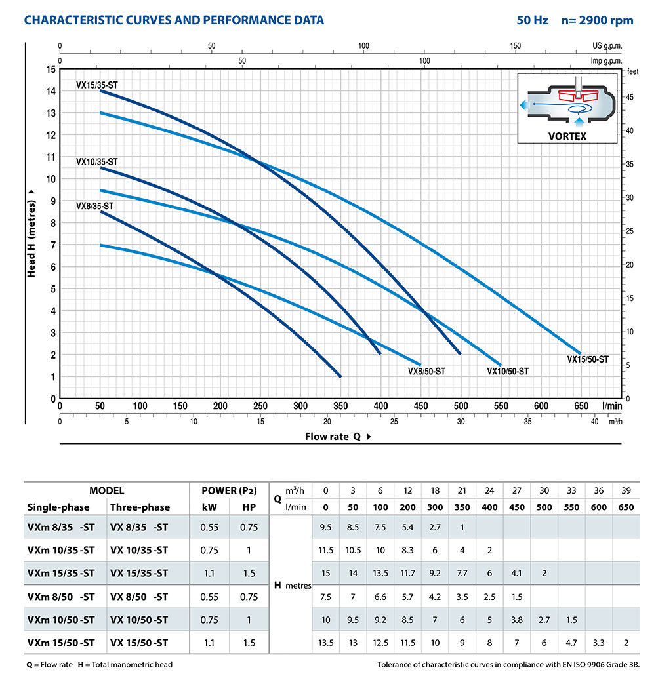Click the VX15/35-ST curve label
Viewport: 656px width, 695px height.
(97, 85)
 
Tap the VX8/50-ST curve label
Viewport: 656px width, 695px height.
(426, 371)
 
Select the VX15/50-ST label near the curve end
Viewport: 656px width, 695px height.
(587, 359)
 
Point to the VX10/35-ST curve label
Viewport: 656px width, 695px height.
(97, 161)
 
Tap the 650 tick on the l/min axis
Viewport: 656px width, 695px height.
(581, 407)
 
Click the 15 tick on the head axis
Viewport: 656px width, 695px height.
(51, 69)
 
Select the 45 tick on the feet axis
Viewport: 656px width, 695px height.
(628, 97)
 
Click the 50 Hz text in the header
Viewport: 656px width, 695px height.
(532, 20)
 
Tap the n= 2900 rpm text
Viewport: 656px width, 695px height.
(597, 20)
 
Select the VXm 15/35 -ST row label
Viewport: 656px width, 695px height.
(61, 573)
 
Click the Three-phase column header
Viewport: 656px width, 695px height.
(140, 507)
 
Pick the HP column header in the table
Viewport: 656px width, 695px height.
(249, 507)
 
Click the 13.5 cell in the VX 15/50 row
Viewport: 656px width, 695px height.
(326, 643)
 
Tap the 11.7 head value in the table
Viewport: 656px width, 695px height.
(407, 573)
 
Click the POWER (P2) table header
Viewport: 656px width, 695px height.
(229, 490)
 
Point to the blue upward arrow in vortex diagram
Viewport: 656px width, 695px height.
(579, 121)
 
